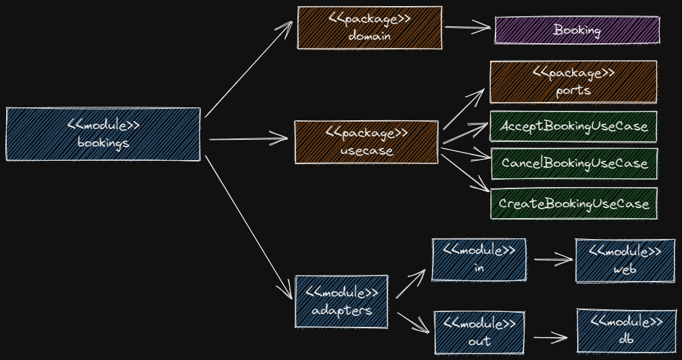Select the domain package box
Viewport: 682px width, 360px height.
[370, 28]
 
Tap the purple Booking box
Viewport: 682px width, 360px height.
[577, 30]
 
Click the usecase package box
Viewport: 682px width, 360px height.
[366, 142]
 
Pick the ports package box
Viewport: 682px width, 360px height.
[573, 82]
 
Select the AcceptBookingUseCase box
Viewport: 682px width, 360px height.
[573, 126]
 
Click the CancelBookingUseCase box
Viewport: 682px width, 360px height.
[574, 163]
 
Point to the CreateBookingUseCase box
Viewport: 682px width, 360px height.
[573, 203]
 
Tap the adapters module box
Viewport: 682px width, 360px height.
[341, 301]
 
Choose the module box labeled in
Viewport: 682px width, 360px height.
[479, 259]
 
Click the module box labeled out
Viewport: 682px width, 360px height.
[479, 332]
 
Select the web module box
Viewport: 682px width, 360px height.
[625, 260]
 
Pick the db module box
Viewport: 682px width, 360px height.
[626, 331]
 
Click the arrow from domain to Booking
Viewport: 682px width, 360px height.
[467, 28]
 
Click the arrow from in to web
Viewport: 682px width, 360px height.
[552, 259]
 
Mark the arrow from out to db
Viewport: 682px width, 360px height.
[549, 338]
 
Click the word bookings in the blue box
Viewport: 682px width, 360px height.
[103, 143]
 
